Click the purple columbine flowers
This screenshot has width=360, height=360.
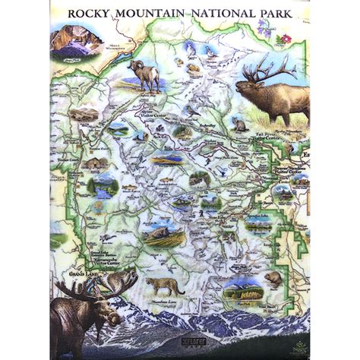[x=265, y=28]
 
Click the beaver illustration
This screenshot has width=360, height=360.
[x=273, y=279]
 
